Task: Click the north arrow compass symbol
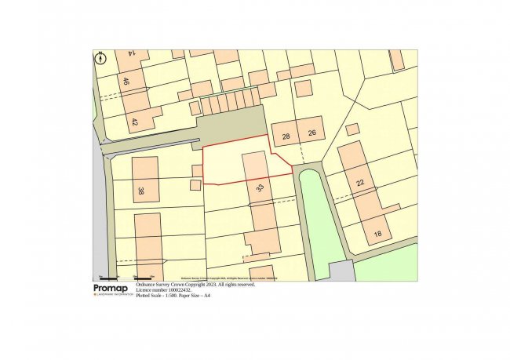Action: [100, 58]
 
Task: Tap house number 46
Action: [125, 81]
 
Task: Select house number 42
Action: [134, 122]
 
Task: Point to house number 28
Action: [286, 136]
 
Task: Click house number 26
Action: [311, 134]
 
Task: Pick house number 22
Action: [360, 183]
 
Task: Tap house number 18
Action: [377, 234]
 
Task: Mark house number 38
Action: [141, 191]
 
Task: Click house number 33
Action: [260, 188]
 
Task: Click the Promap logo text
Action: [109, 289]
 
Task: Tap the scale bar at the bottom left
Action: [126, 278]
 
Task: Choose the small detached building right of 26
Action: [352, 129]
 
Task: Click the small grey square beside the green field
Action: [341, 271]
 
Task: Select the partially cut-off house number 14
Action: [133, 53]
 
